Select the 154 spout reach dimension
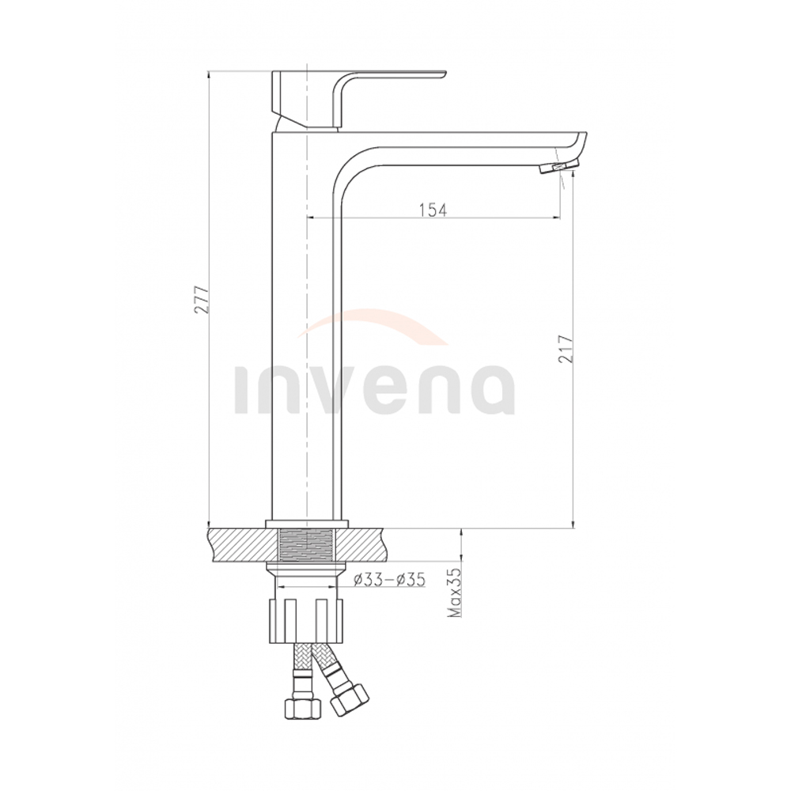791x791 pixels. point(433,210)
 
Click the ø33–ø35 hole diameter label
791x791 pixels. point(389,580)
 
